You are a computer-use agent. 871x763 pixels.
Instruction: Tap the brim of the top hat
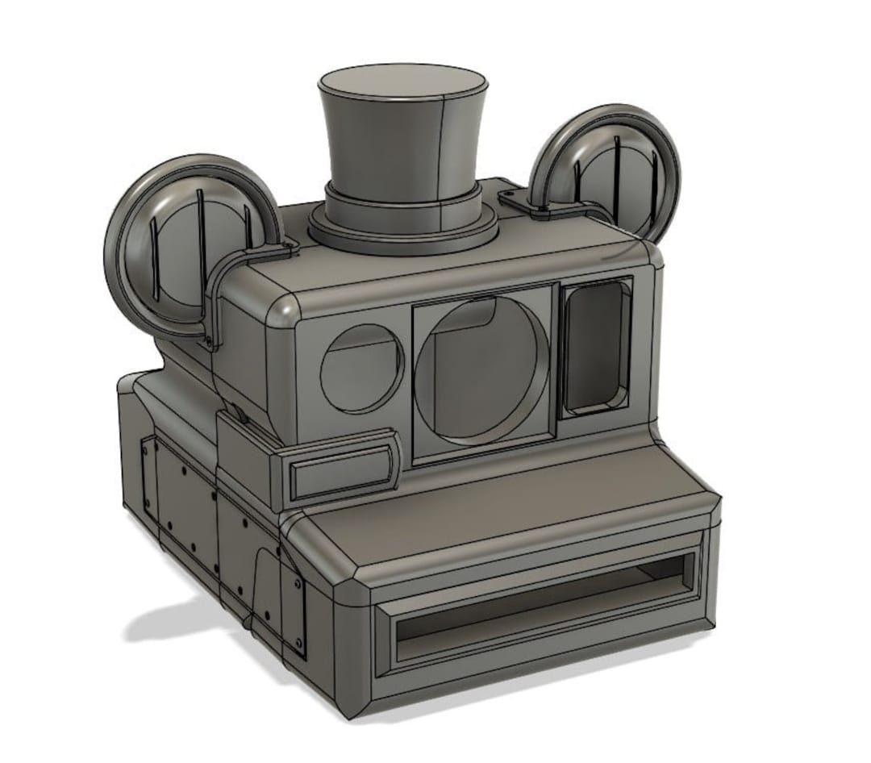(403, 234)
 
